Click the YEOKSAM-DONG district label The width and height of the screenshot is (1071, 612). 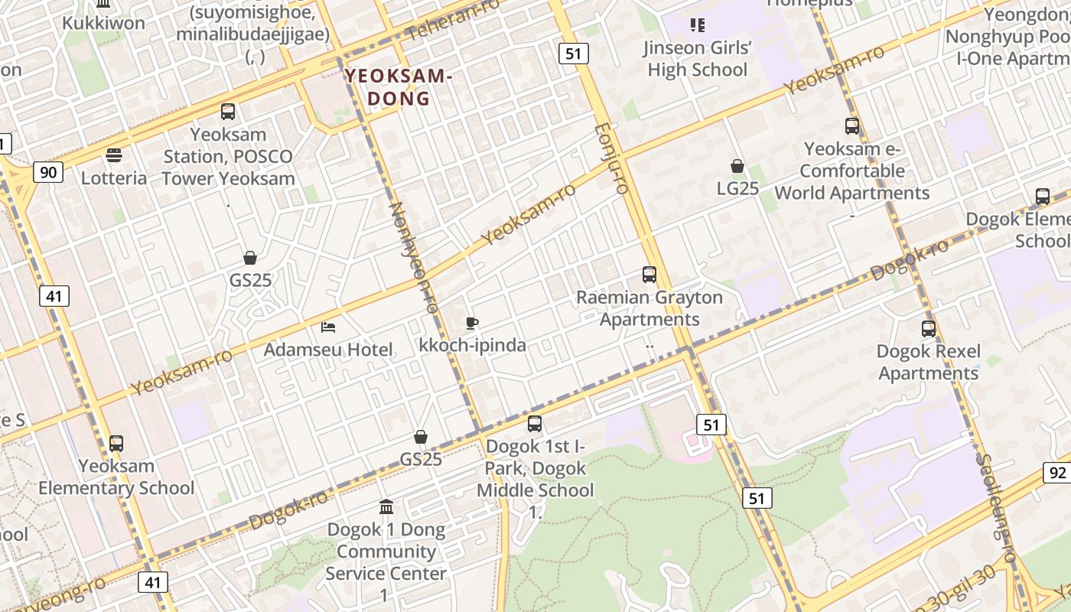click(x=399, y=87)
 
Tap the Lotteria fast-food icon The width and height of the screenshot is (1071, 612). click(x=114, y=156)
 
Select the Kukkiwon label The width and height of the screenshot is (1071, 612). click(x=103, y=22)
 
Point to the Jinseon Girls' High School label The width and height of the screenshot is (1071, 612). click(x=697, y=59)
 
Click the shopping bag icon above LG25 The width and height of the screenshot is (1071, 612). click(x=737, y=166)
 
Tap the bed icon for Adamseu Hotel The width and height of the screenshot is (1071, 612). click(x=328, y=327)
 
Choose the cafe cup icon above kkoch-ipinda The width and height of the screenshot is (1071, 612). click(x=472, y=324)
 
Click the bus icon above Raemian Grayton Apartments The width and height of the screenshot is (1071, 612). click(x=649, y=274)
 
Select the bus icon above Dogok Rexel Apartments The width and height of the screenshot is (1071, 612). click(x=928, y=329)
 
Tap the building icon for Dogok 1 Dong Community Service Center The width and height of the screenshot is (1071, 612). click(x=386, y=506)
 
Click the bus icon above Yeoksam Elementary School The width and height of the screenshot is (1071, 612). click(x=116, y=443)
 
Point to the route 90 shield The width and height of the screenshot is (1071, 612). click(x=47, y=172)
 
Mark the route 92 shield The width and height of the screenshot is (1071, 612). click(x=1057, y=473)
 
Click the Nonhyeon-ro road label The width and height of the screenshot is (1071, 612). click(x=413, y=257)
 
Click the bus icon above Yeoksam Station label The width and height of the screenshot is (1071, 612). click(x=228, y=112)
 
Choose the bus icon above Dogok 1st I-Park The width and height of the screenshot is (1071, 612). click(x=535, y=423)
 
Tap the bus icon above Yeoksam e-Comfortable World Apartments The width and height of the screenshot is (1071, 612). click(x=852, y=126)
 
